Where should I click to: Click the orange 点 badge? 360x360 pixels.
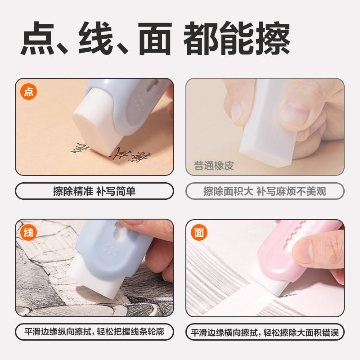pyautogui.click(x=28, y=92)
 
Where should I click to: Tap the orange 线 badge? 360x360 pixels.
pyautogui.click(x=28, y=233)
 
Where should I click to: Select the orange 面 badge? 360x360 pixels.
pyautogui.click(x=199, y=233)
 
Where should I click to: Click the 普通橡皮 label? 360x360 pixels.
pyautogui.click(x=214, y=166)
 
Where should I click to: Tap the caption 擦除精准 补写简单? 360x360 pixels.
pyautogui.click(x=94, y=191)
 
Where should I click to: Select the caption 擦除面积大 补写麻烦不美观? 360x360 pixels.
pyautogui.click(x=265, y=191)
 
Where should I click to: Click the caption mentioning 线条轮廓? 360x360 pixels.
pyautogui.click(x=94, y=333)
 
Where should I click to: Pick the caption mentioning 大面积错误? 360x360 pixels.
pyautogui.click(x=265, y=333)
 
